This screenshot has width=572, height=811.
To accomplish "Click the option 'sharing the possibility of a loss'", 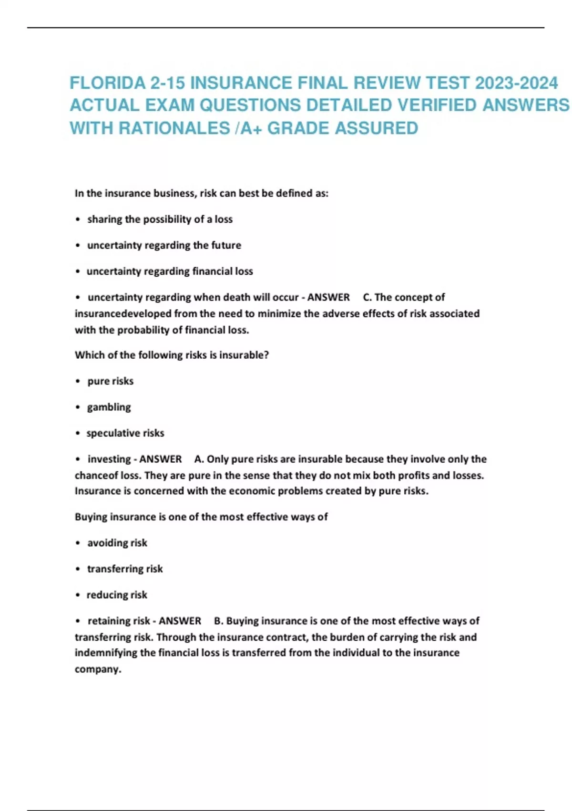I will point(160,219).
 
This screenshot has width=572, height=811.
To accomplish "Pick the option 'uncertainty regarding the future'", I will point(164,245).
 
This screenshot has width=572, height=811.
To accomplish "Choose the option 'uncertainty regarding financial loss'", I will point(170,271).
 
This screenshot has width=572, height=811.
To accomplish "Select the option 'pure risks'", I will point(110,381).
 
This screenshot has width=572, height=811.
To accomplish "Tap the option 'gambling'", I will point(109,407).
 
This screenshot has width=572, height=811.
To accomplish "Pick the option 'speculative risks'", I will point(125,433).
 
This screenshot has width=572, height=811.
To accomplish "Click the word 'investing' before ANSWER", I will point(109,459).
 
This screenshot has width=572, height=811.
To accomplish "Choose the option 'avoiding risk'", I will point(117,543).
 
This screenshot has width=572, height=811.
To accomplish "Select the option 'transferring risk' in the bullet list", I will point(125,569).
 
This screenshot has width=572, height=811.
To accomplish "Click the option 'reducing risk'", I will point(117,595).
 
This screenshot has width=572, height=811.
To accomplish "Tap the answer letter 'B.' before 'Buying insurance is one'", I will point(219,621).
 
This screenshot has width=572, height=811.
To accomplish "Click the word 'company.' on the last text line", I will point(98,669).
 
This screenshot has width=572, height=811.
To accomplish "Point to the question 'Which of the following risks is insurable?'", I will point(172,355).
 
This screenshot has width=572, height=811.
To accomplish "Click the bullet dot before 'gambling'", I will point(78,407).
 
